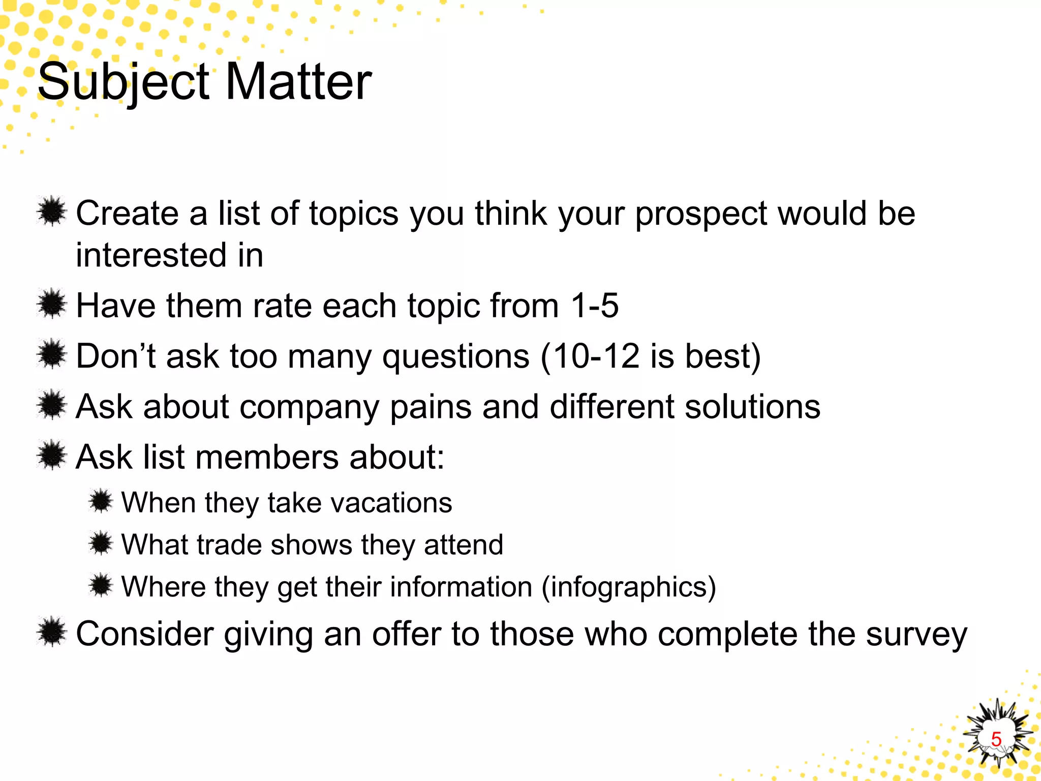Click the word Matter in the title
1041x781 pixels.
click(298, 82)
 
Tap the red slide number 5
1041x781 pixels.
click(996, 739)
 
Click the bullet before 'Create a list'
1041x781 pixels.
click(52, 212)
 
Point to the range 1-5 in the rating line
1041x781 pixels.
click(594, 306)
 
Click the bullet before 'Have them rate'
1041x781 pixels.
click(52, 304)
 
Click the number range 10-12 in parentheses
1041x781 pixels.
click(596, 356)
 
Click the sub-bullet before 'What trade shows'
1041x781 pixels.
click(101, 543)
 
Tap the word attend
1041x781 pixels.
click(463, 545)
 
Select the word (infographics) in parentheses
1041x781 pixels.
click(629, 588)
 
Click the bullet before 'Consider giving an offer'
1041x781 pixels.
click(52, 633)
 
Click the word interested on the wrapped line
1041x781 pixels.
click(150, 255)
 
